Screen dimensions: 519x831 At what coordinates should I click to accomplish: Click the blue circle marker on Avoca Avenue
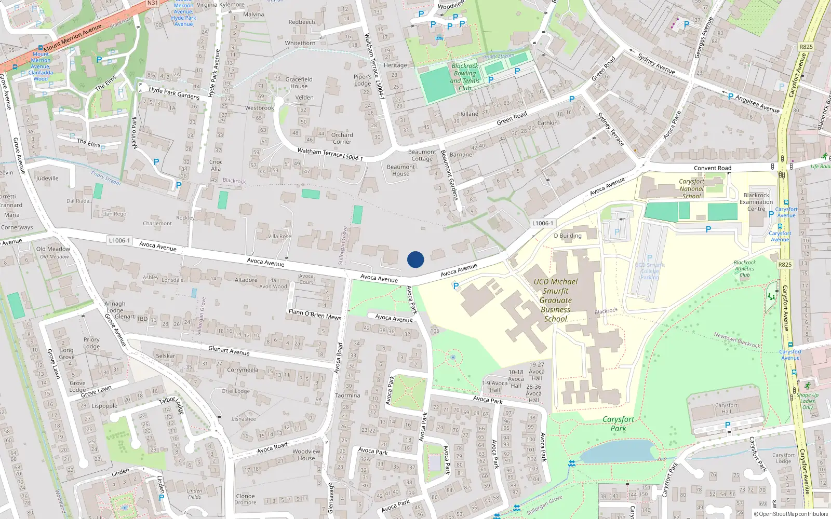415,259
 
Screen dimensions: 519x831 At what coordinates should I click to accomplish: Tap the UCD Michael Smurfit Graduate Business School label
555,300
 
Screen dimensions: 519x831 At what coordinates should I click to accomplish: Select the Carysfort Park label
618,424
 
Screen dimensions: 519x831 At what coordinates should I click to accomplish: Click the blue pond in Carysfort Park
618,452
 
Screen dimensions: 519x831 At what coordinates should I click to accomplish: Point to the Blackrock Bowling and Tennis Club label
465,77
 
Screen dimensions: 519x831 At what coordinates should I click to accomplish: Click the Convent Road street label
712,168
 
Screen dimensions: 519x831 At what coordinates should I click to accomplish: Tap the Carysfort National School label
691,189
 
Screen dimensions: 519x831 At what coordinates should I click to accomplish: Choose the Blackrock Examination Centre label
756,202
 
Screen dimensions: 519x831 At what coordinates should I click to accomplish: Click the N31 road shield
152,3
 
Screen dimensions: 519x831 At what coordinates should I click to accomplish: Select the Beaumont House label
400,170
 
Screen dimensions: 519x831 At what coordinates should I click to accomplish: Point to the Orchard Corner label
342,138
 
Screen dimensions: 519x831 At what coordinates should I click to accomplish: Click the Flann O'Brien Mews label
315,314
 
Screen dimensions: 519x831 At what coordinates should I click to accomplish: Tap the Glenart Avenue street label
229,351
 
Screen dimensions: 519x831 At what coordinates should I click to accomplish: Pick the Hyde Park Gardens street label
174,93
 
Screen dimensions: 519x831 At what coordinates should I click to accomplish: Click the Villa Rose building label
279,236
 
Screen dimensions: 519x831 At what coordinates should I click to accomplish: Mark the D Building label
567,236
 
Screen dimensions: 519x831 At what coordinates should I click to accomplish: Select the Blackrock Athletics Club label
745,268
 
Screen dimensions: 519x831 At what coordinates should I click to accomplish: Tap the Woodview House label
306,455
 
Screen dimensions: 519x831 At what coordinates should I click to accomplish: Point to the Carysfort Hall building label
726,408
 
